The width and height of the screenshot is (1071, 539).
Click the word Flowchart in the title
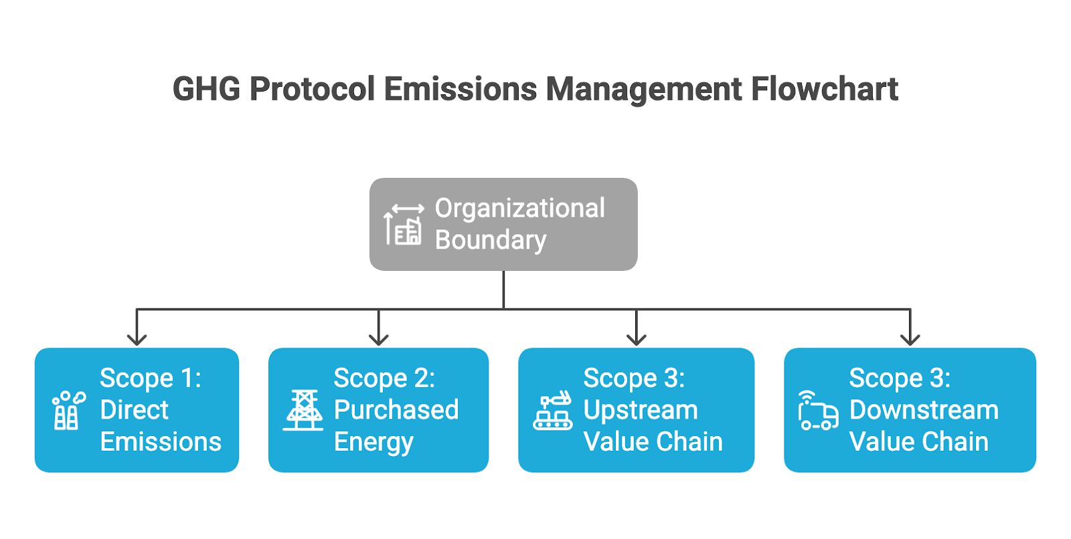(824, 89)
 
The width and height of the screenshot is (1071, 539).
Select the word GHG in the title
(206, 89)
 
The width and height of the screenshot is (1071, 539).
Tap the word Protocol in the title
(312, 89)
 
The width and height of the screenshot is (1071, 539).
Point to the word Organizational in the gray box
(519, 209)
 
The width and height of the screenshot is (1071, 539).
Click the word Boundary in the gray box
(491, 239)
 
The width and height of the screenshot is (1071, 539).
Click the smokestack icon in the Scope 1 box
(69, 411)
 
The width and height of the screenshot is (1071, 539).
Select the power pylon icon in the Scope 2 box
(303, 411)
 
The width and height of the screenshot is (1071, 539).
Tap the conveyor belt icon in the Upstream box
(553, 411)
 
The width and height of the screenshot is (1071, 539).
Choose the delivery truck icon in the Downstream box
(818, 411)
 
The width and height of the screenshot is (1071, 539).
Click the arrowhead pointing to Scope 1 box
(137, 339)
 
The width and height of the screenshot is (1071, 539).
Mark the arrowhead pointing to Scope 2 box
(379, 339)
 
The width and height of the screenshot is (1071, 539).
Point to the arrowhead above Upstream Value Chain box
(637, 339)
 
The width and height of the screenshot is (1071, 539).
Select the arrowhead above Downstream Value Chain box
(910, 339)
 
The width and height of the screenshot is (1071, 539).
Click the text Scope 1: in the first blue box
(151, 378)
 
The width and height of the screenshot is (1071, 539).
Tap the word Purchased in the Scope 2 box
(396, 410)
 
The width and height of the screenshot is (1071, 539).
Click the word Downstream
(924, 410)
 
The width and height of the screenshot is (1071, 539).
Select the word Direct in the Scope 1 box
(135, 410)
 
